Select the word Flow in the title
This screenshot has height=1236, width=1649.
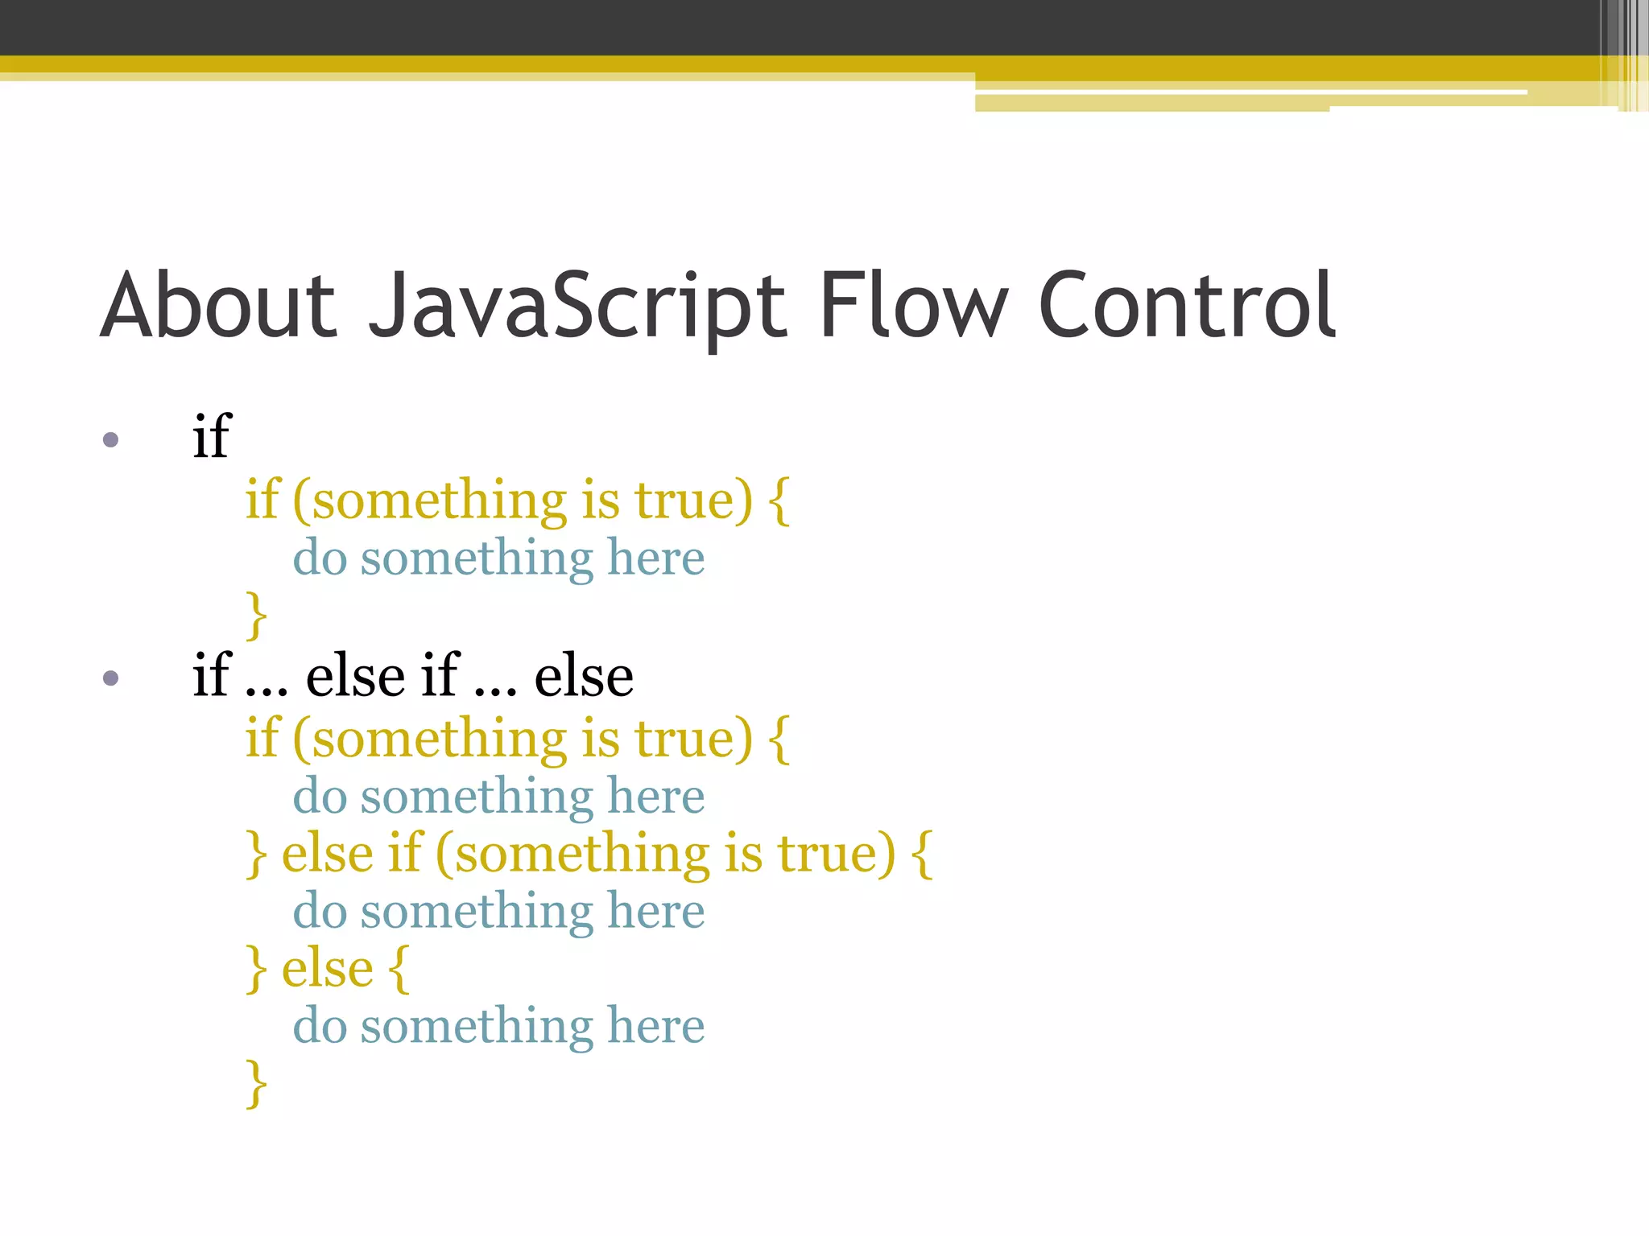[913, 306]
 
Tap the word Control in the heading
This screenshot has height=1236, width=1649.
[1188, 306]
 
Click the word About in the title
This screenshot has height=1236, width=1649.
[218, 306]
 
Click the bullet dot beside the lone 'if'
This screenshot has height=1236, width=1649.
[111, 439]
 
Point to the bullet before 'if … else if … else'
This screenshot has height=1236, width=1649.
[111, 678]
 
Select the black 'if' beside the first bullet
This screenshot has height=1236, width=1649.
[212, 436]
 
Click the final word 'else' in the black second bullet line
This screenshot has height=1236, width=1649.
[584, 676]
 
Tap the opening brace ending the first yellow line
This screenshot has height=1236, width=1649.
[779, 501]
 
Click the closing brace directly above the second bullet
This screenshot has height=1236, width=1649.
[256, 615]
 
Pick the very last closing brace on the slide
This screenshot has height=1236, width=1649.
[256, 1083]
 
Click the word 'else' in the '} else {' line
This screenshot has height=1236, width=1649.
[328, 968]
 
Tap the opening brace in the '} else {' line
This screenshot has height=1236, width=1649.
[399, 970]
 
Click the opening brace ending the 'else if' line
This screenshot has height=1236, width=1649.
[922, 855]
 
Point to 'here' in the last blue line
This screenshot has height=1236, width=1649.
[655, 1026]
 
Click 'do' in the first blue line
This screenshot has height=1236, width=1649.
[320, 558]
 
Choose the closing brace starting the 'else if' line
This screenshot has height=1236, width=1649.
[256, 855]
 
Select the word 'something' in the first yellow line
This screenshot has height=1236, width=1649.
[440, 501]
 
